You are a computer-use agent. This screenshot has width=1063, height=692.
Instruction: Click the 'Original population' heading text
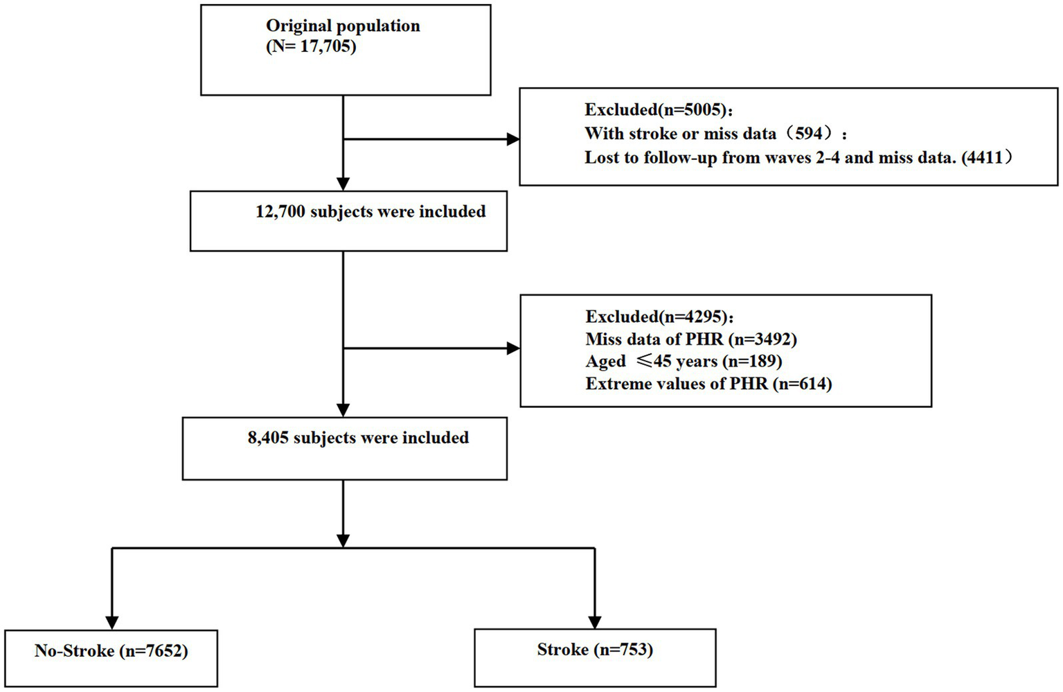point(343,26)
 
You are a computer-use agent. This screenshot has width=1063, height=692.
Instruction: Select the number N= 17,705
point(311,47)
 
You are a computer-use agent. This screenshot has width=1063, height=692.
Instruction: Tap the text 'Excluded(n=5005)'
point(658,109)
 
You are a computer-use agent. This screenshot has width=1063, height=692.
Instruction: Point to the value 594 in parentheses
point(808,134)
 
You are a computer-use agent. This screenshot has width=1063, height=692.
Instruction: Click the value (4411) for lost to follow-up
point(987,158)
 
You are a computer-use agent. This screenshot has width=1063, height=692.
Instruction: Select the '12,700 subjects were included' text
point(370,212)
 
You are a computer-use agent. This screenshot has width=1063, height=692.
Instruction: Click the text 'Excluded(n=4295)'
point(659,317)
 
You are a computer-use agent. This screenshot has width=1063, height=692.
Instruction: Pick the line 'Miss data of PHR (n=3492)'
point(691,339)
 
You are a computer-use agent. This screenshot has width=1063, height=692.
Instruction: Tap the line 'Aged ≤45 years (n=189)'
point(684,362)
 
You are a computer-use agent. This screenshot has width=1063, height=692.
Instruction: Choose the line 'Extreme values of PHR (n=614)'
point(708,384)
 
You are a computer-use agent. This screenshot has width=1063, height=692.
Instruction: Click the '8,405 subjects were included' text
point(358,438)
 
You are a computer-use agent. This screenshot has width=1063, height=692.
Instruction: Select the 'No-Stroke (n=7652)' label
point(111,651)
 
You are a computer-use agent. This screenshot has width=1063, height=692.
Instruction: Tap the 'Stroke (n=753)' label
point(595,650)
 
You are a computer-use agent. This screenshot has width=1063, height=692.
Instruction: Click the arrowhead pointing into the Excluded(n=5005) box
point(513,139)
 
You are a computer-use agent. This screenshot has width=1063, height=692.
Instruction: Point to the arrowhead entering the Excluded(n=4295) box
point(513,348)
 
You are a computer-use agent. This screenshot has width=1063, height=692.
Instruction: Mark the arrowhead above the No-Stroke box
point(112,623)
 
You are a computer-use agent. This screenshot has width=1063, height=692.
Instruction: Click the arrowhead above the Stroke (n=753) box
point(595,623)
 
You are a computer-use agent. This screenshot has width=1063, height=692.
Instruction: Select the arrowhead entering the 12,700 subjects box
point(343,184)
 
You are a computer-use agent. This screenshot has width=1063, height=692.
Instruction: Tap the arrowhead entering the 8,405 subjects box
point(343,410)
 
